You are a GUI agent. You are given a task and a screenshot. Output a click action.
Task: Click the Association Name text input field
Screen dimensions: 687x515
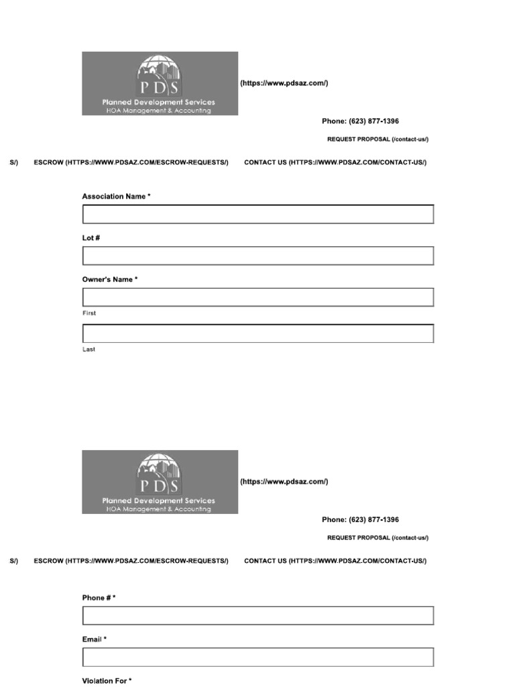pos(257,215)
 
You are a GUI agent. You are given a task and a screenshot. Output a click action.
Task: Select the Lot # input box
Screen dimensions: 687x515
pos(257,256)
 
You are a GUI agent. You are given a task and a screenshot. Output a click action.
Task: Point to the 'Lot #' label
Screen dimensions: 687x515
pos(91,238)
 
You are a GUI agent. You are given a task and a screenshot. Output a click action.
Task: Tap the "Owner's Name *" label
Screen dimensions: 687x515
pos(110,280)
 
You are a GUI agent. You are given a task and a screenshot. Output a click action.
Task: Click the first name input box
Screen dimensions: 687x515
pos(257,297)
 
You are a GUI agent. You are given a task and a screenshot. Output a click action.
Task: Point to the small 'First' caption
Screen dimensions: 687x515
pos(89,313)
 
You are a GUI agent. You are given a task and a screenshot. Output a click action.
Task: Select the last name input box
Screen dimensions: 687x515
pos(257,333)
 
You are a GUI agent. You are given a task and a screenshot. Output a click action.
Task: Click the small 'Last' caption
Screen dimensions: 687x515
pos(89,350)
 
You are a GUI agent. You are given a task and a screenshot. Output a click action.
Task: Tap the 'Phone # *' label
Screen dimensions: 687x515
pos(99,598)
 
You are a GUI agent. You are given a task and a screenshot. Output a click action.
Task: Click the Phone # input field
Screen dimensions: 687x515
pos(257,616)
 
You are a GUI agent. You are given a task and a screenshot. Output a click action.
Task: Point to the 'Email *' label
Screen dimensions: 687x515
pos(94,639)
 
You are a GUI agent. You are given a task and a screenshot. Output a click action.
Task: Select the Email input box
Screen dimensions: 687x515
pos(257,657)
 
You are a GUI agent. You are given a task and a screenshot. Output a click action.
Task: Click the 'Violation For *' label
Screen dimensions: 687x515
pos(107,681)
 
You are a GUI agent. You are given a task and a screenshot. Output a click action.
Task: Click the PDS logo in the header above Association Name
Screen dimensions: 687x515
pos(160,83)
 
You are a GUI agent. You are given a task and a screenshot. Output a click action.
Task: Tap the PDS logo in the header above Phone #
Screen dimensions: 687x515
pos(160,482)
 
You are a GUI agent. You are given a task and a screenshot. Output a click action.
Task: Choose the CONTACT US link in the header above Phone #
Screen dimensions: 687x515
pos(335,561)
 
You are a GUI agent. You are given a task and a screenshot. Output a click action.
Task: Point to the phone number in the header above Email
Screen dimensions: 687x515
pos(360,520)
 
